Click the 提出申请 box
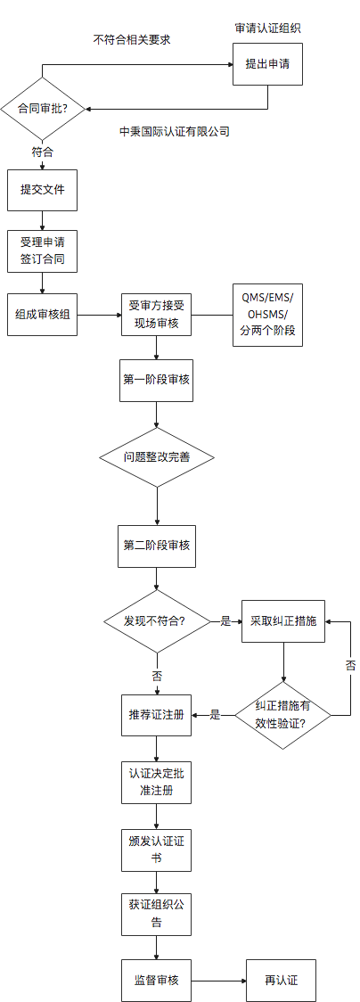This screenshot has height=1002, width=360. [x=267, y=64]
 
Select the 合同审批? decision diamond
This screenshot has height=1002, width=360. [x=43, y=109]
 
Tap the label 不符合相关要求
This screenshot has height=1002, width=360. [x=132, y=40]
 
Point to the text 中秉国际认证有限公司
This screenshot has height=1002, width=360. [x=175, y=131]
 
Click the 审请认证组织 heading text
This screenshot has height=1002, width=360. [x=267, y=28]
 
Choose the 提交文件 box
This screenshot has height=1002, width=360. [x=43, y=190]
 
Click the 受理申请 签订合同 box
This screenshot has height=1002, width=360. [x=43, y=251]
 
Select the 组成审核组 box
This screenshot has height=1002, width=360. [x=43, y=315]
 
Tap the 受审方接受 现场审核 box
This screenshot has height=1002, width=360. [x=157, y=315]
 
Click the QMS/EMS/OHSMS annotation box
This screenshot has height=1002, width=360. [x=268, y=315]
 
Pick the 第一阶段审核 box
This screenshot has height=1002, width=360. [x=157, y=379]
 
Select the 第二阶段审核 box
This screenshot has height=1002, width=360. [x=157, y=545]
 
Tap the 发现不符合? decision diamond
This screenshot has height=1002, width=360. [x=157, y=620]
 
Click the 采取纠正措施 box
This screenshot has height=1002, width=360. [x=283, y=620]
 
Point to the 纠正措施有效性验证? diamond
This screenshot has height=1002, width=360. [x=283, y=714]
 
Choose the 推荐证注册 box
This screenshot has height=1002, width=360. [x=157, y=714]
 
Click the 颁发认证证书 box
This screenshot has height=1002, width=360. [x=157, y=850]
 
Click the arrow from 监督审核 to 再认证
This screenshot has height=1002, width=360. [x=218, y=981]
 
